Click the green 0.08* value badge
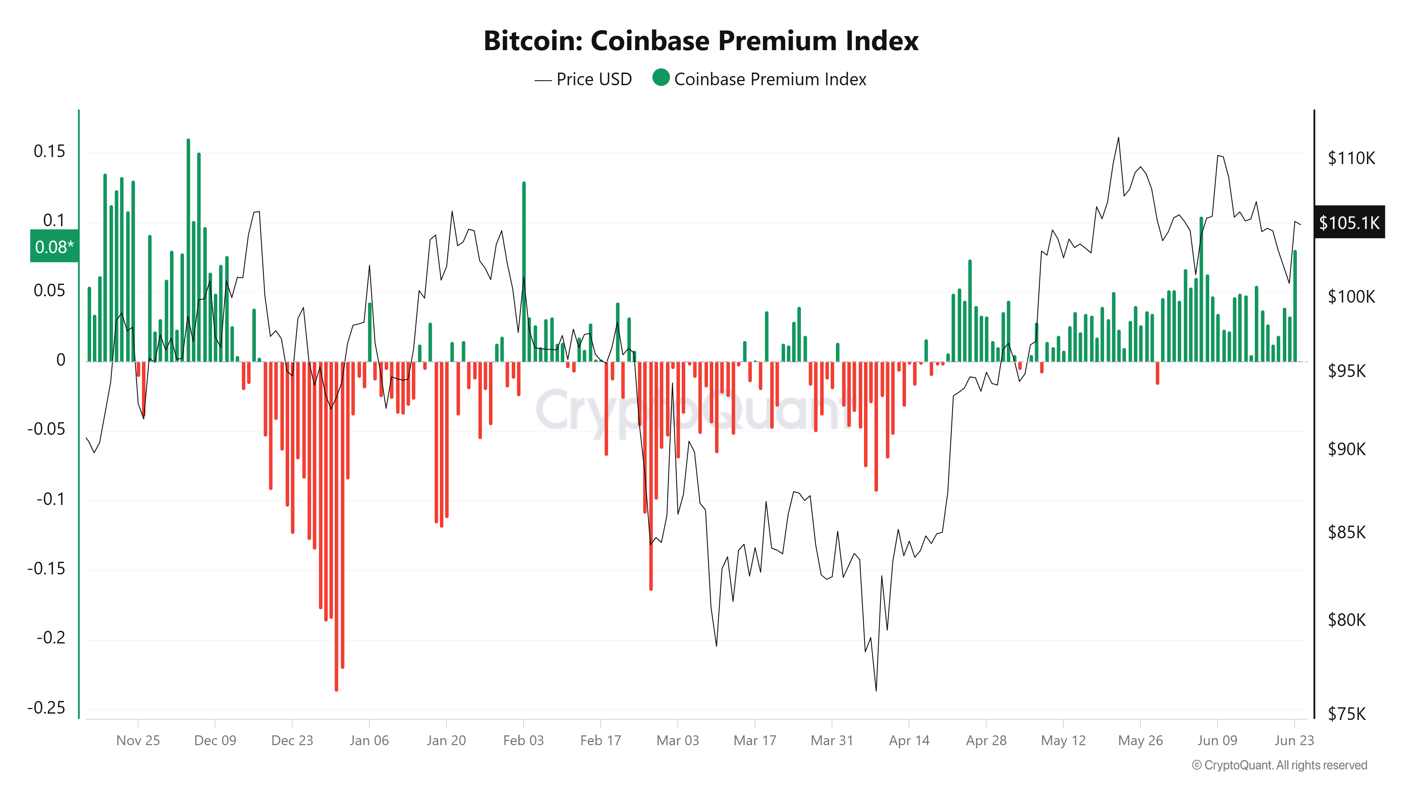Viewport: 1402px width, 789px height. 54,247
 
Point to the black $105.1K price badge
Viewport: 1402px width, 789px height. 1349,222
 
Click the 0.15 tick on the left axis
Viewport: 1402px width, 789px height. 49,151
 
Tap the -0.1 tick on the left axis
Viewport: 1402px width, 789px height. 50,499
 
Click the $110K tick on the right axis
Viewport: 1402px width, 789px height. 1351,158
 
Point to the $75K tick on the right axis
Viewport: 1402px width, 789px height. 1347,713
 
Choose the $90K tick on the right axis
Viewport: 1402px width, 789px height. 1347,449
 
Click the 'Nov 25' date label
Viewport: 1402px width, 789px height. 138,741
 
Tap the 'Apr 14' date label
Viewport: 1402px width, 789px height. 909,741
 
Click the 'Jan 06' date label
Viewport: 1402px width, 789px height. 369,741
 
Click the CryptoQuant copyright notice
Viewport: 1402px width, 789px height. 1279,765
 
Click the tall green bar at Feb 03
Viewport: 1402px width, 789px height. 524,272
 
